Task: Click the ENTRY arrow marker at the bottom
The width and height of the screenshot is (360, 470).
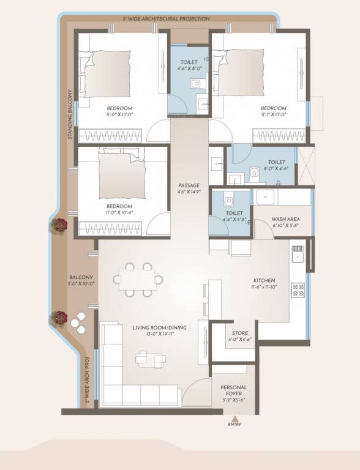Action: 234,419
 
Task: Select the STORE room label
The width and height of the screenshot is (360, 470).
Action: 239,337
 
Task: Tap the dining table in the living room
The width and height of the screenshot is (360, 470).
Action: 138,280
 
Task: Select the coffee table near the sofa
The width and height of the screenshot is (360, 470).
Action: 151,358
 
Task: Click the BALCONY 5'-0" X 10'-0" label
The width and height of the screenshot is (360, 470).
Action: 81,280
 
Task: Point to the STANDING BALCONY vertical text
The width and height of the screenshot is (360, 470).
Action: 70,116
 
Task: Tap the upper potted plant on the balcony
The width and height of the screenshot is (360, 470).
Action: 59,225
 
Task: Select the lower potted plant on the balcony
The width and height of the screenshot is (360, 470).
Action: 59,318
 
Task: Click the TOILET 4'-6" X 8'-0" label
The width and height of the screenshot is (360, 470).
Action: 187,65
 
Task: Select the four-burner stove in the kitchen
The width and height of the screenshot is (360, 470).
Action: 298,289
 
